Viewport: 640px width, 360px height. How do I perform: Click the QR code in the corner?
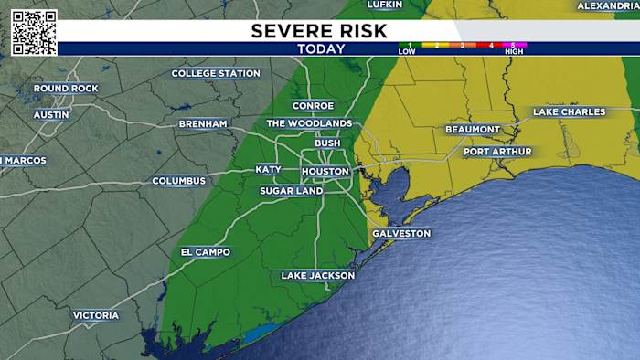34,33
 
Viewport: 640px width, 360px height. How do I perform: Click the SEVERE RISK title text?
319,31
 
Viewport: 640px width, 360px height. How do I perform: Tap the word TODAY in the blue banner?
321,48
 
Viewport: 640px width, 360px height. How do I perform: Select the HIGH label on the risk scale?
513,51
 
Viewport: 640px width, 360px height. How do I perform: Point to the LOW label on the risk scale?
407,51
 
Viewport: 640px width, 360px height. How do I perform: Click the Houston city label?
325,172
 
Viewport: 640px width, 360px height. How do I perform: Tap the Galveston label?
400,233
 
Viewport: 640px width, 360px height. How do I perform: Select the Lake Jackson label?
317,275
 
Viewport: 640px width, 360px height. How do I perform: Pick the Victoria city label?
96,315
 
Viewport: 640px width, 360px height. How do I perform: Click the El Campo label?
206,252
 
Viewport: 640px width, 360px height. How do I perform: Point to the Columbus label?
179,181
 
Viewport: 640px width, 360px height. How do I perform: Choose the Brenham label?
203,122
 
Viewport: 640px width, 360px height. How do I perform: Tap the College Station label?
216,73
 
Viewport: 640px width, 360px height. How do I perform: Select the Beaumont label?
473,130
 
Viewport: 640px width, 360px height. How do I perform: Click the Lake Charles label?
570,111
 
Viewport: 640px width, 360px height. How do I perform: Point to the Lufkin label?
384,5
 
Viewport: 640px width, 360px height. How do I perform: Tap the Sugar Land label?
291,191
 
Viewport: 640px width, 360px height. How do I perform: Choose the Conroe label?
313,106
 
